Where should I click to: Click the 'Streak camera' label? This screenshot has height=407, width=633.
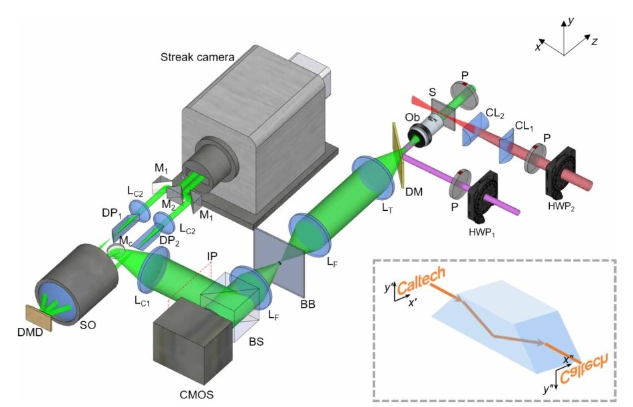point(197,57)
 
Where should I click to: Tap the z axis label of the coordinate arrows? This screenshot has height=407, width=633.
point(594,41)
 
